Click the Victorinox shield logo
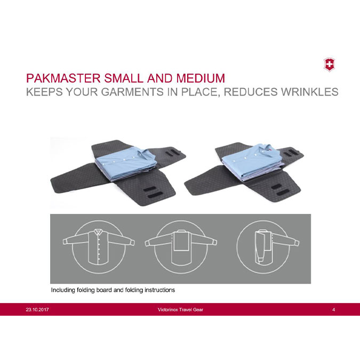[x=329, y=65]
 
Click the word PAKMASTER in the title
[x=63, y=78]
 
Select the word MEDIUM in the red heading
[x=201, y=78]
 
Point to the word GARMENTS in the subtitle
[x=132, y=92]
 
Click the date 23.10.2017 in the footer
[x=37, y=309]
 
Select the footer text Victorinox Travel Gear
[x=180, y=309]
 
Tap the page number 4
[x=333, y=309]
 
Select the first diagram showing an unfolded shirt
[x=99, y=247]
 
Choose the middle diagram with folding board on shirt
[x=181, y=247]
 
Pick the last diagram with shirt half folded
[x=268, y=247]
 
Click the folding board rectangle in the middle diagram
[x=181, y=241]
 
